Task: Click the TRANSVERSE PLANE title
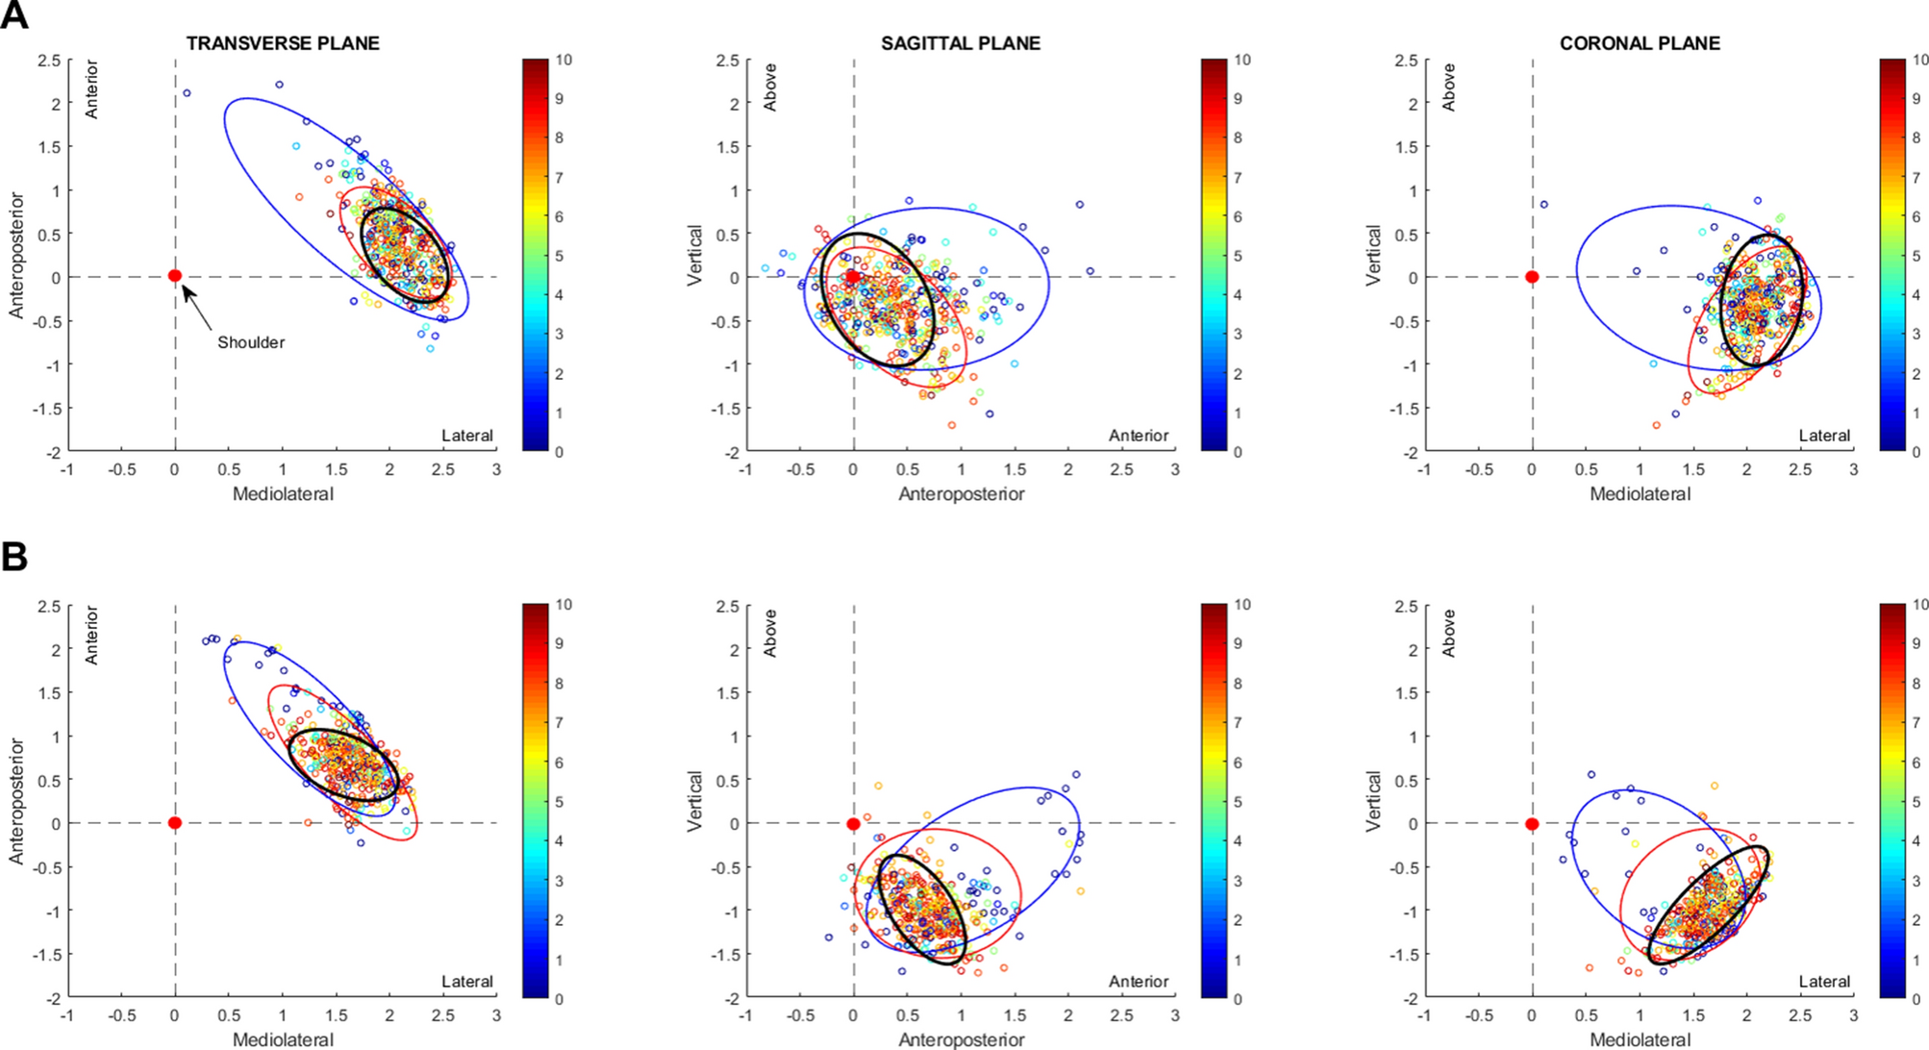pos(283,43)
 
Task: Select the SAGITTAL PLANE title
pos(961,43)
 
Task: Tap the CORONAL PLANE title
pos(1640,43)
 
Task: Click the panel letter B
pos(14,557)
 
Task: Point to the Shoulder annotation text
pos(251,342)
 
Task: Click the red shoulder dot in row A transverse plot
pos(175,276)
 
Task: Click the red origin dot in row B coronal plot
pos(1532,824)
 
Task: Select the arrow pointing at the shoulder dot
pos(197,307)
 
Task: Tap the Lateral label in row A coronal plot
pos(1824,436)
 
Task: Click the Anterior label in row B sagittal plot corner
pos(1139,982)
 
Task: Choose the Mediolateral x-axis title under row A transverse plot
pos(283,494)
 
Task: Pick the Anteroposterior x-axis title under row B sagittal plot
pos(961,1039)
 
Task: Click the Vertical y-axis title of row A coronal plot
pos(1373,255)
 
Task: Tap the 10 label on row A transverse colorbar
pos(564,60)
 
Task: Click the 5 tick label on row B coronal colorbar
pos(1916,802)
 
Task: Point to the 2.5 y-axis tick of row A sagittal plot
pos(728,61)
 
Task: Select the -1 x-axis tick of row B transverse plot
pos(66,1015)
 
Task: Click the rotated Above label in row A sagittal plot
pos(770,87)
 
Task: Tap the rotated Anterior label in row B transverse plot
pos(92,635)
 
